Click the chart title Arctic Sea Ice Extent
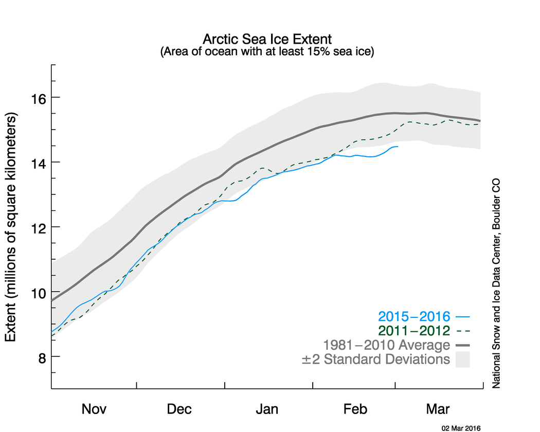267,40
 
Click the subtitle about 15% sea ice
267,52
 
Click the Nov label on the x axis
94,409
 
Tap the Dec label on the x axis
179,409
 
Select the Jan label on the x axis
267,409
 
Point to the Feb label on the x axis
355,409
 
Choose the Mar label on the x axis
438,409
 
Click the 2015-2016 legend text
414,316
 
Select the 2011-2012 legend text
414,331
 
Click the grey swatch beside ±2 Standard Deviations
463,359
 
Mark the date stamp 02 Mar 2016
461,427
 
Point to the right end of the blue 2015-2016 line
398,147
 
